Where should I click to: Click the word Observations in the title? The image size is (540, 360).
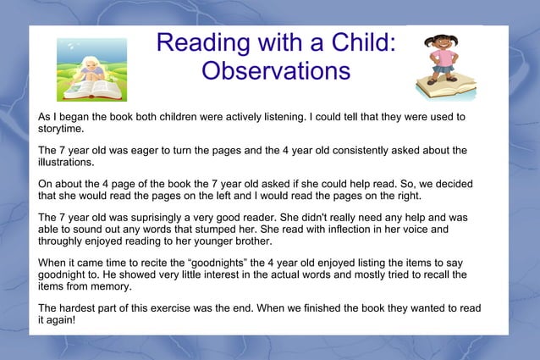(276, 69)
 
